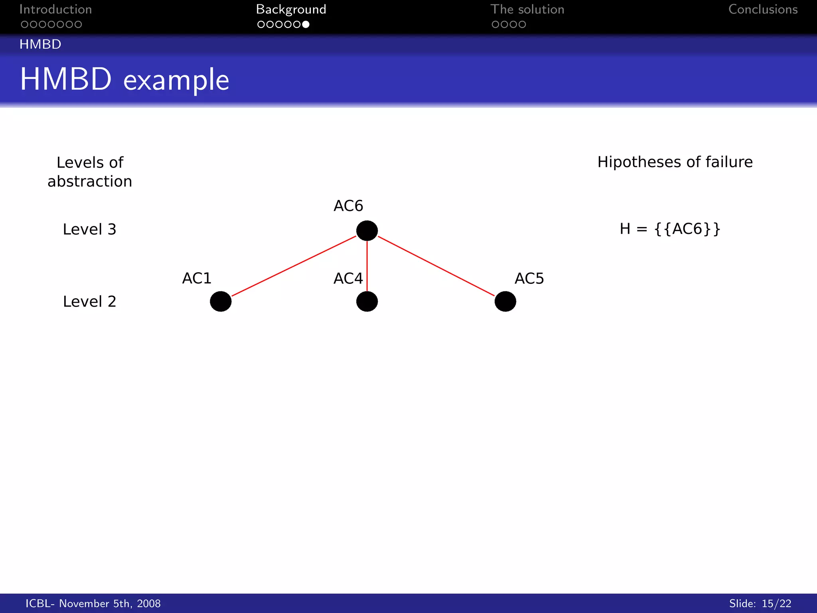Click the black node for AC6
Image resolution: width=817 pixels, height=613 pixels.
coord(367,231)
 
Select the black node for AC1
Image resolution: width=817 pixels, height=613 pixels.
coord(221,301)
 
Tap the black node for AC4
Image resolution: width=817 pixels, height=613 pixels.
coord(367,301)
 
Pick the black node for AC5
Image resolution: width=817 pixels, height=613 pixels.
coord(505,301)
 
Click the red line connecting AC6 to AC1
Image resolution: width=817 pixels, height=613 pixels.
coord(294,266)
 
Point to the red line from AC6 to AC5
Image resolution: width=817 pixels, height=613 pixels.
coord(436,266)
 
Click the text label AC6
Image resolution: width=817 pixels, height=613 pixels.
coord(348,206)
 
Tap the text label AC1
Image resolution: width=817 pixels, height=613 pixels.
coord(197,278)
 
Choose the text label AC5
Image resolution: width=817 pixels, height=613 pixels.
coord(529,279)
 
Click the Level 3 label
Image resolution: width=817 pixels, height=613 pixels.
coord(89,229)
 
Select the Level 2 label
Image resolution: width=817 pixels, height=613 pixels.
coord(89,302)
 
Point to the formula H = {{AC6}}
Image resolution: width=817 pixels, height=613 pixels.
coord(670,229)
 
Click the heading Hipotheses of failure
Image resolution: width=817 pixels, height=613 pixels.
coord(675,162)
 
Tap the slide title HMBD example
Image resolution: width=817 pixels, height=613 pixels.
coord(124,79)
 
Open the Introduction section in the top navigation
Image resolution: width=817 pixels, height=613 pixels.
coord(55,10)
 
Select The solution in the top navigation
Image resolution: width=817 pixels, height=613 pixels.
coord(527,10)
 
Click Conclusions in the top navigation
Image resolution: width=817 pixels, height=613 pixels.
coord(763,10)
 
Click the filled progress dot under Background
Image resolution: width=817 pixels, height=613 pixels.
coord(306,25)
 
